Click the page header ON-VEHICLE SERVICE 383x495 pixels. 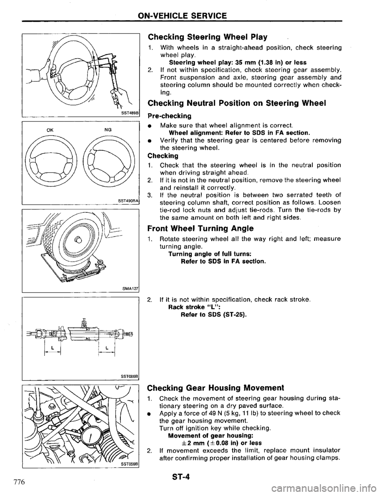[x=192, y=16]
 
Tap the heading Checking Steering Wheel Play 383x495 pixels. [x=207, y=37]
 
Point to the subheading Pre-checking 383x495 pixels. [x=169, y=116]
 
